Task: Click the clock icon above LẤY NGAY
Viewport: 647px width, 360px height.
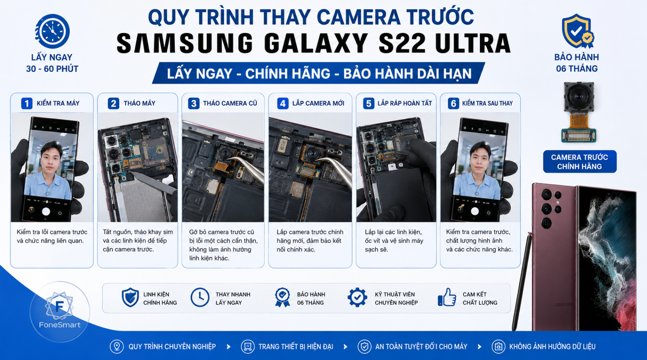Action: click(52, 31)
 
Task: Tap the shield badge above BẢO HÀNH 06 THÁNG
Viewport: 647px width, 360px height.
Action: click(577, 31)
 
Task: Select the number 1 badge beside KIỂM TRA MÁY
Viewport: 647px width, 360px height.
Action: click(27, 103)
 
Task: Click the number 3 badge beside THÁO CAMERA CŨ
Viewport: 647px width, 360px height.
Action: click(194, 103)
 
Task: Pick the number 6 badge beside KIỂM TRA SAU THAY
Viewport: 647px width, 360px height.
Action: click(453, 103)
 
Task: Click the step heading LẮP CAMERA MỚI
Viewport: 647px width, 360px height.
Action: click(318, 103)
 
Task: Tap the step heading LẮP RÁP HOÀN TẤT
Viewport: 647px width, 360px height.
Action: click(405, 103)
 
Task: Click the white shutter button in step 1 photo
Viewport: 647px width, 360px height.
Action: click(46, 212)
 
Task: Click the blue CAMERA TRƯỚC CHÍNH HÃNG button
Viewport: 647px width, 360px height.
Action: click(580, 161)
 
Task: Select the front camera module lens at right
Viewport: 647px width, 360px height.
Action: click(579, 97)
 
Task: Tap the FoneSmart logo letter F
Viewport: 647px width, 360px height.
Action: click(59, 306)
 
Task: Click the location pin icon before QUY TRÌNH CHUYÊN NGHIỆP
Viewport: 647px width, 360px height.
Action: click(117, 346)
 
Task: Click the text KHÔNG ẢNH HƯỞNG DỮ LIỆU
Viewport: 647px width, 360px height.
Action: click(552, 346)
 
